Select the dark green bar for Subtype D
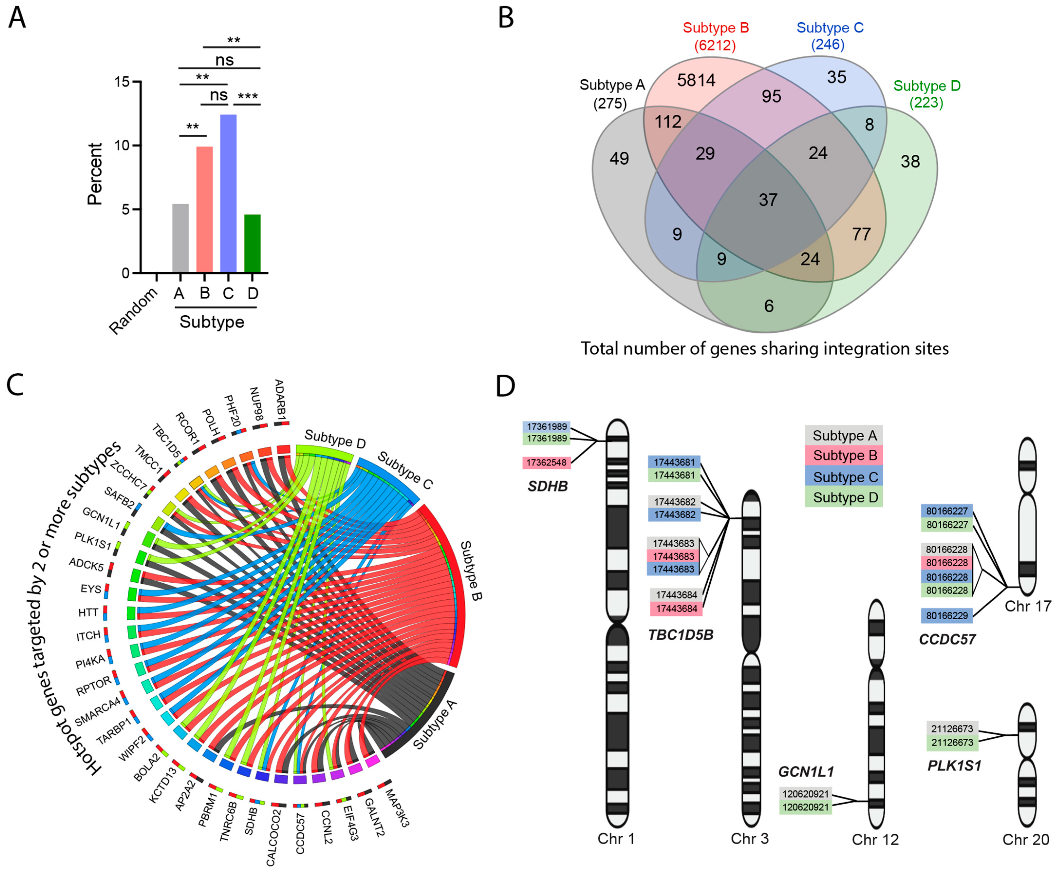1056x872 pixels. (x=252, y=244)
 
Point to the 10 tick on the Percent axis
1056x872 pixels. (x=122, y=146)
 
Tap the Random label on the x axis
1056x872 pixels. (x=133, y=312)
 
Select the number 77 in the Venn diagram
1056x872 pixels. (x=861, y=234)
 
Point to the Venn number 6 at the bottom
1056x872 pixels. (x=769, y=306)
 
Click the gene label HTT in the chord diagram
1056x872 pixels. (x=88, y=613)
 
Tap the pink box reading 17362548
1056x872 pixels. (x=547, y=463)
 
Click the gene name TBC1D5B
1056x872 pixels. (x=681, y=635)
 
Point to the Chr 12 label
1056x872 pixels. (x=875, y=839)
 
